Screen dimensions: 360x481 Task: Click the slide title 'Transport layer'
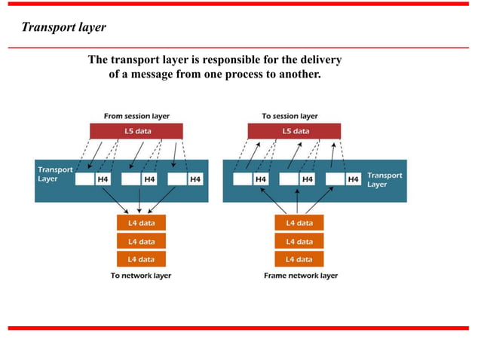point(63,28)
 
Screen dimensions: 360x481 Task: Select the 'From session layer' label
point(136,116)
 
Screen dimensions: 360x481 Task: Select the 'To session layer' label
point(290,116)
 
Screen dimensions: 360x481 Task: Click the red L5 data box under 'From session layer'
point(137,131)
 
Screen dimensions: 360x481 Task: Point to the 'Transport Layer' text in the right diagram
point(384,179)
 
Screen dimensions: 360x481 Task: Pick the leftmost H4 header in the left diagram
point(103,179)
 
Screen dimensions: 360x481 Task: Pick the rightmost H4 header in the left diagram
point(195,179)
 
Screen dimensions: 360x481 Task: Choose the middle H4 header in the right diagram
point(307,179)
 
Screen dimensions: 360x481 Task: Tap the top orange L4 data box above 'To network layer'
point(142,223)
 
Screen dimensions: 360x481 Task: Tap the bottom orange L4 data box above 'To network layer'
point(142,259)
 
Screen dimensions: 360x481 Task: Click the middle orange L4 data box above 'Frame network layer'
point(299,241)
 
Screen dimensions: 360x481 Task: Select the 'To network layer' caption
point(141,276)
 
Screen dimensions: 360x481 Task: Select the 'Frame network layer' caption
point(301,276)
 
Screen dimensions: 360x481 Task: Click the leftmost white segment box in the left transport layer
point(84,179)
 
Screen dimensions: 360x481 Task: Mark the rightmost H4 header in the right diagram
point(353,179)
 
